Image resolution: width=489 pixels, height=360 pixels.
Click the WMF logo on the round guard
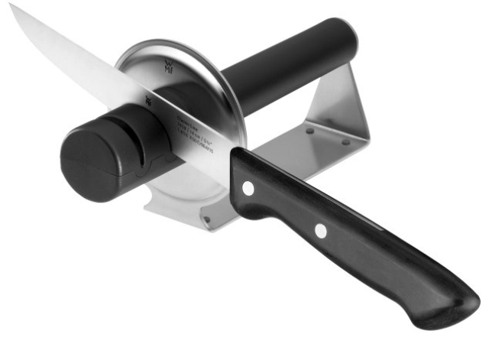169,64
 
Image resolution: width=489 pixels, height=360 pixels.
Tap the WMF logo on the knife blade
148,99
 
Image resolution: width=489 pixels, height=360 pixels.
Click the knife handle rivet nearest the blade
248,186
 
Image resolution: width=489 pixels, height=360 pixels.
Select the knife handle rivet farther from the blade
321,230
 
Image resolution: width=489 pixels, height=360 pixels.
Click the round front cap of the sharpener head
89,163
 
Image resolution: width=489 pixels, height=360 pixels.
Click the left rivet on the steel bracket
309,131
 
